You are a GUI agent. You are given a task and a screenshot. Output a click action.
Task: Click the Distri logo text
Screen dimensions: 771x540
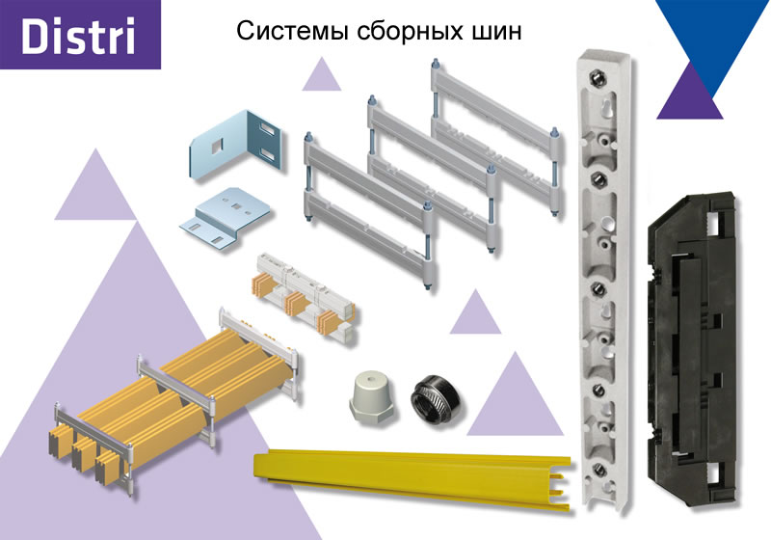[78, 36]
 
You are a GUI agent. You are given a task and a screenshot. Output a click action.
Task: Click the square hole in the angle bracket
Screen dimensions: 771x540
[216, 145]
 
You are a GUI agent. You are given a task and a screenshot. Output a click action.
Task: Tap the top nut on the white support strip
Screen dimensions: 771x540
[597, 77]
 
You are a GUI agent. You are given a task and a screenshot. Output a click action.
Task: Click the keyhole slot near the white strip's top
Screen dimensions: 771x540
[608, 109]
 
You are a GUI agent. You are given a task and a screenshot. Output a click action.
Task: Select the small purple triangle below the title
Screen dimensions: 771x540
[322, 75]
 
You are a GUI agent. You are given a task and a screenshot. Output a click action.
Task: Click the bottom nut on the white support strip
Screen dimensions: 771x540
[599, 469]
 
